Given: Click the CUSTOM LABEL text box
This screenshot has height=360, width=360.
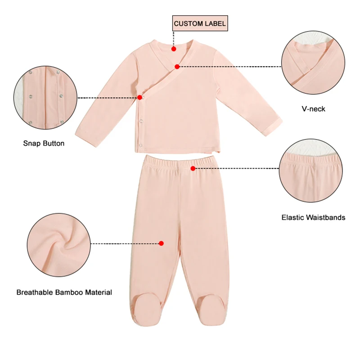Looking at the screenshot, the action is point(200,23).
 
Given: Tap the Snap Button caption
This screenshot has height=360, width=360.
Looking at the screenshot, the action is point(44,144).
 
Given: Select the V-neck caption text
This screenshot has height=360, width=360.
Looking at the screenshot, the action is point(313,109).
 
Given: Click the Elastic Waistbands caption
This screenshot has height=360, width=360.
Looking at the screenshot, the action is point(313,217).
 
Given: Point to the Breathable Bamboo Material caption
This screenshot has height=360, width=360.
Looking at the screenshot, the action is point(64,292).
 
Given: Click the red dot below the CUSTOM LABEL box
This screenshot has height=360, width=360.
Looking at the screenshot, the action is point(174,47).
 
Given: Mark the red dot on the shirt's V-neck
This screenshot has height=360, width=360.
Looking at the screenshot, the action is point(177,67).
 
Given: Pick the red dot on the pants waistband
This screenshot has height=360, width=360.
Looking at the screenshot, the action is point(193,168).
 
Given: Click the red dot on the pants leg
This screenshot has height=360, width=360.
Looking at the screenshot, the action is point(162,243).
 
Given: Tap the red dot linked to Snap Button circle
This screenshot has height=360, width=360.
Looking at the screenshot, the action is point(140,97).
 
